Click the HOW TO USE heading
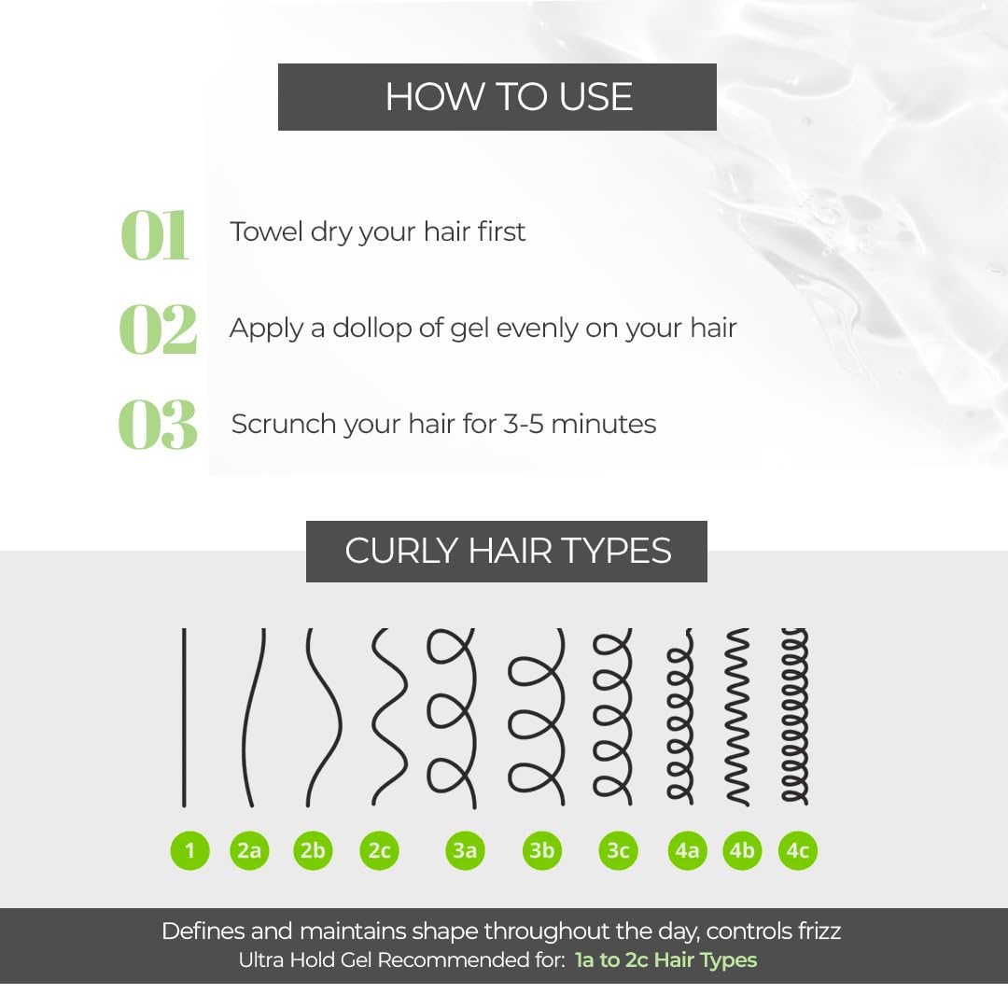(x=510, y=96)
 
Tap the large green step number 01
(x=155, y=235)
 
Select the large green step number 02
(x=158, y=329)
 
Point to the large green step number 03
(x=158, y=425)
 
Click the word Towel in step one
(x=266, y=231)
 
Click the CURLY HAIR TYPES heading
(x=508, y=551)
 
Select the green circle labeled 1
(x=189, y=850)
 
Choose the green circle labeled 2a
(x=249, y=850)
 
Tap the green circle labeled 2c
(x=379, y=850)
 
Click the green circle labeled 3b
(x=542, y=850)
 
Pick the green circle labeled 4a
(x=687, y=850)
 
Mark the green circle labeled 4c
(x=798, y=850)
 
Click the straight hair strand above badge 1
(x=184, y=718)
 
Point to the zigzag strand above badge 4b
(x=737, y=716)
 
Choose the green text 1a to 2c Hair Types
(x=666, y=959)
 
